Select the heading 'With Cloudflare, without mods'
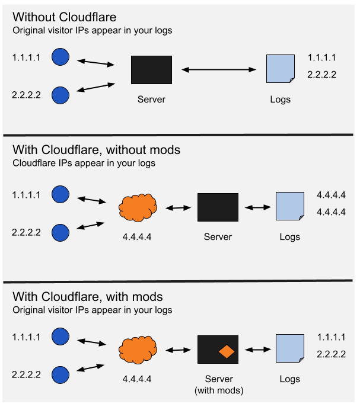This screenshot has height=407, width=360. coord(96,150)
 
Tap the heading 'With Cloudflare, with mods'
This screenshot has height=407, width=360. coord(87,296)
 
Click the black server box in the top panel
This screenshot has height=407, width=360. coord(151,70)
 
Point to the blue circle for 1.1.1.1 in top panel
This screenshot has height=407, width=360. coord(60,57)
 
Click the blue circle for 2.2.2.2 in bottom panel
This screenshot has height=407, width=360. coord(60,375)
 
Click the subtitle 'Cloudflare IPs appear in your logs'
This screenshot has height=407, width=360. coord(84,163)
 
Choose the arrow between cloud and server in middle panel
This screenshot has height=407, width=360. coord(177,208)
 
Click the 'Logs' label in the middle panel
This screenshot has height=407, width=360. coord(290,237)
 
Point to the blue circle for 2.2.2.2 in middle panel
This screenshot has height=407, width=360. coord(60,232)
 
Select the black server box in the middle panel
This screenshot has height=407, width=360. coord(218,207)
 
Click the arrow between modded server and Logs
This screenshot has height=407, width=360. coord(257,350)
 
